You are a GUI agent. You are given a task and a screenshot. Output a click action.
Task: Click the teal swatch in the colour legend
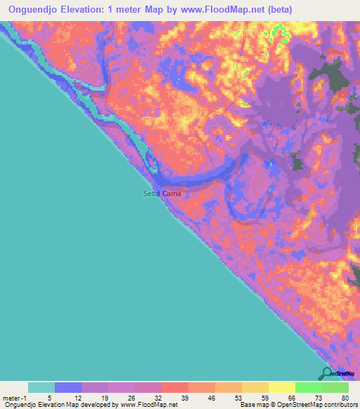tap(41, 387)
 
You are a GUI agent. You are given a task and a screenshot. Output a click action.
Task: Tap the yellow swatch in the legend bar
tap(281, 387)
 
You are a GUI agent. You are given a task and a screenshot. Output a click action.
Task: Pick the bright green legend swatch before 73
tap(308, 387)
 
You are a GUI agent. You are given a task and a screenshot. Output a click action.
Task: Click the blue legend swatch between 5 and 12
tap(67, 387)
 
